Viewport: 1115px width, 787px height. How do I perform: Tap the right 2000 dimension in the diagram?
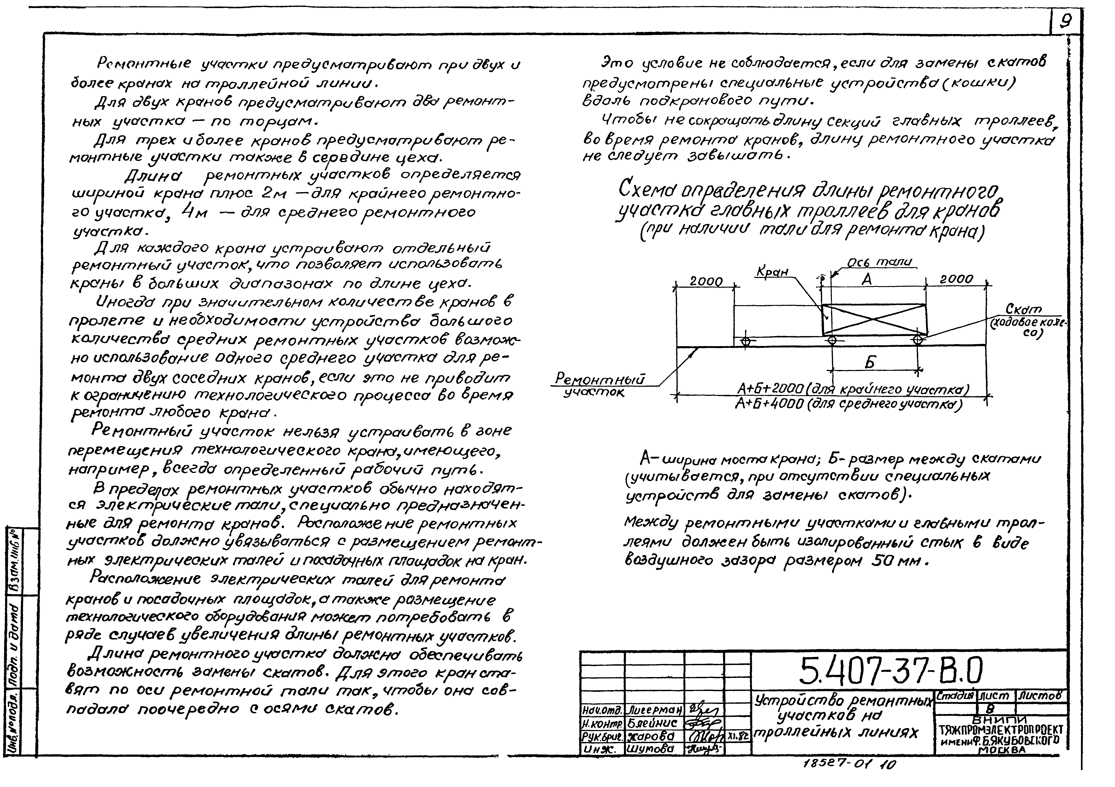[956, 279]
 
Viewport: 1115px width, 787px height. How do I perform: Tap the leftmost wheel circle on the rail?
[745, 341]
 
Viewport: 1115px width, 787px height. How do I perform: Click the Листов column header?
[1042, 695]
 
